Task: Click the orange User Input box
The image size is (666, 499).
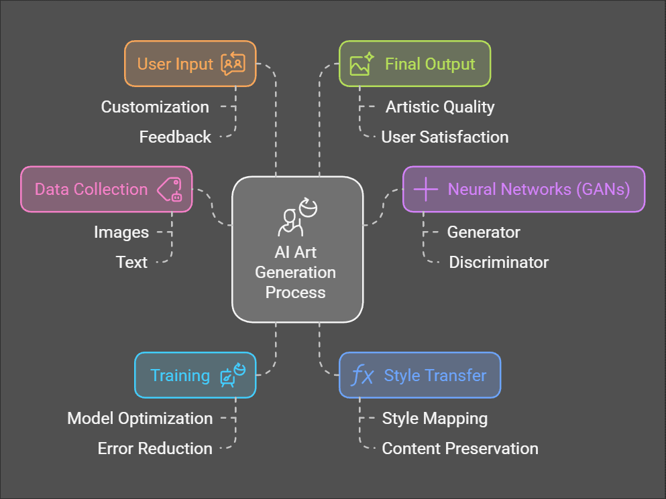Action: (x=190, y=64)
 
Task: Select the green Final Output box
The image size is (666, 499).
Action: (x=414, y=64)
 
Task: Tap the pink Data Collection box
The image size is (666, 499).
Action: (x=106, y=190)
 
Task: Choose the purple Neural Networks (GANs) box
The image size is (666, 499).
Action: (x=524, y=190)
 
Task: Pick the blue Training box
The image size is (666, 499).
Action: (x=195, y=375)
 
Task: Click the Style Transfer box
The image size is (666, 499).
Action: (x=420, y=375)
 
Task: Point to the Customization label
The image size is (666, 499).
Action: (x=155, y=107)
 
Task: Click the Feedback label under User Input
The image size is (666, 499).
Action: (x=175, y=137)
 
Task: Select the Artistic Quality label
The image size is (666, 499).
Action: (x=440, y=107)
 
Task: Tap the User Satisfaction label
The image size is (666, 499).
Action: (x=445, y=137)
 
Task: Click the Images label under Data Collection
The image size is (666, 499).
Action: (x=121, y=232)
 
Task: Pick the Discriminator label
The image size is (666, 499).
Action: (x=498, y=263)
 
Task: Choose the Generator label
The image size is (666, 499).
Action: (x=484, y=232)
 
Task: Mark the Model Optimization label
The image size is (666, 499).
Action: (x=140, y=419)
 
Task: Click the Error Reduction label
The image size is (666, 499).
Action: (x=155, y=449)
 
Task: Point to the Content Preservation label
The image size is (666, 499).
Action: (x=460, y=449)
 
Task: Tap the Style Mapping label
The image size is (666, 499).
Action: (x=435, y=419)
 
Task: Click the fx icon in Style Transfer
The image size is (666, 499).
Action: (x=363, y=376)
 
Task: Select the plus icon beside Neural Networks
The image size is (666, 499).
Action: (x=426, y=190)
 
